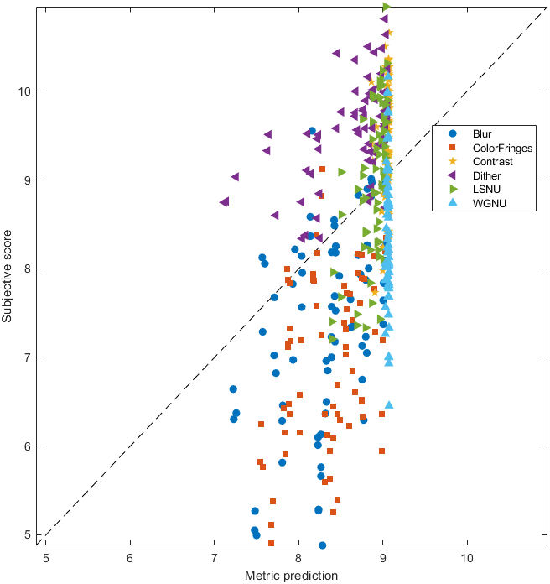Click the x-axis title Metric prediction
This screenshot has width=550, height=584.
click(x=292, y=576)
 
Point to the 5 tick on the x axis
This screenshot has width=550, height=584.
click(x=46, y=556)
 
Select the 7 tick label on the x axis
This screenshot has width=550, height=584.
click(x=214, y=556)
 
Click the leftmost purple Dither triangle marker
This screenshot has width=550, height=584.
click(x=224, y=202)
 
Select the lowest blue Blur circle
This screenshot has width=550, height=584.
click(x=322, y=545)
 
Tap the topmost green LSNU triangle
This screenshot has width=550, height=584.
click(x=387, y=7)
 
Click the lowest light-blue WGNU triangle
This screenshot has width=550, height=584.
click(x=389, y=404)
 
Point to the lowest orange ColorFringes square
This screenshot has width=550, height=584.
click(x=271, y=543)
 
